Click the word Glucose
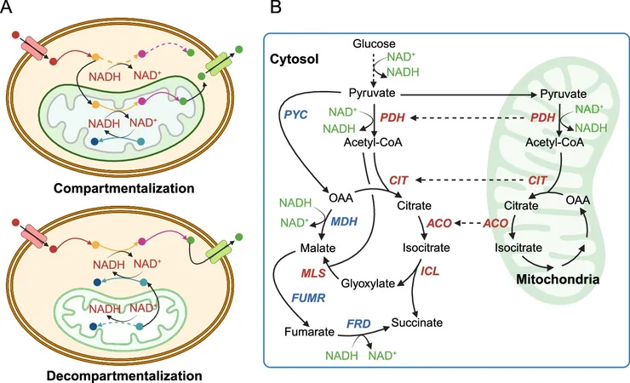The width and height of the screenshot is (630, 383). tap(374, 43)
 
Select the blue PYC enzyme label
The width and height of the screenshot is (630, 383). tap(295, 115)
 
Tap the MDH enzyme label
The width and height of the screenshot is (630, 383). tap(344, 221)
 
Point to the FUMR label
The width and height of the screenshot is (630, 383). tap(308, 298)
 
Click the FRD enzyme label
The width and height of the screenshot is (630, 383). tap(358, 323)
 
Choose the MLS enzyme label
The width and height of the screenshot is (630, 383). tap(313, 273)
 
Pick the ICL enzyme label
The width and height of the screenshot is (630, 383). tap(430, 272)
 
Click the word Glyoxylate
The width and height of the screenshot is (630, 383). tap(368, 283)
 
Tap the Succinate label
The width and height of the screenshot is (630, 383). tap(417, 323)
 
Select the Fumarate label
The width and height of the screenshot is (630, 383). tap(309, 332)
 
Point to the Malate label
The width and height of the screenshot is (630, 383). tap(318, 248)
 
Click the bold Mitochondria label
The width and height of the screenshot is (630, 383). tap(558, 279)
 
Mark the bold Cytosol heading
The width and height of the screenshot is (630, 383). tap(294, 59)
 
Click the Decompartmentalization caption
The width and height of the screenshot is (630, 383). tap(124, 376)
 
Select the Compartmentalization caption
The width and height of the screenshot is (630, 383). tap(123, 188)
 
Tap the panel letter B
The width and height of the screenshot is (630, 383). tap(276, 7)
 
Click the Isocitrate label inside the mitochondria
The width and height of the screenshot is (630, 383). tap(518, 248)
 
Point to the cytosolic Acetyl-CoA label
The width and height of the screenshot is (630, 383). tap(373, 142)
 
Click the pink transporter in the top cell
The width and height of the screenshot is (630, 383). tap(35, 48)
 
